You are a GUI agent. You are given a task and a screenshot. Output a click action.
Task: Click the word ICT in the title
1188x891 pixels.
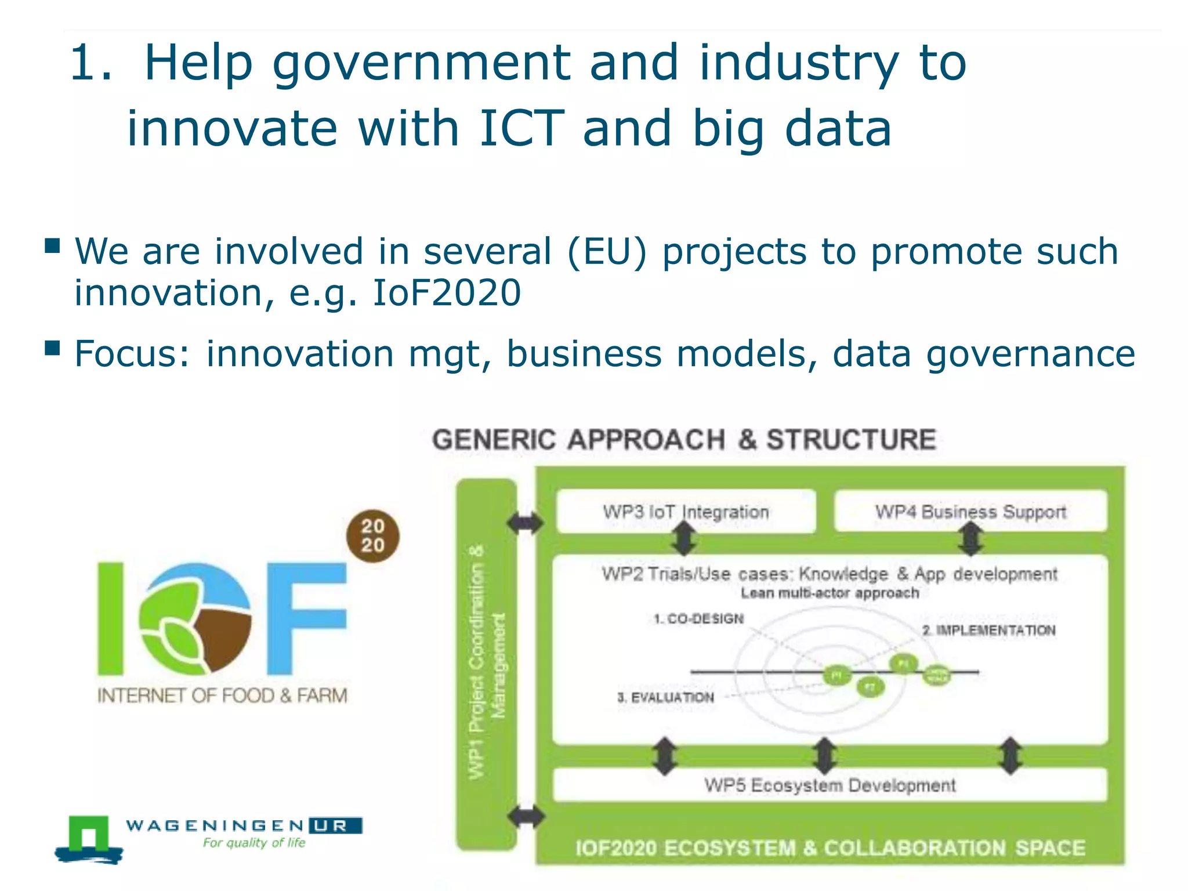(521, 128)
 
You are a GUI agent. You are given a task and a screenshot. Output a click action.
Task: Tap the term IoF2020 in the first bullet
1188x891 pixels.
(447, 293)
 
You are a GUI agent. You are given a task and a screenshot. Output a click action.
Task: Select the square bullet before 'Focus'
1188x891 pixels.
(53, 348)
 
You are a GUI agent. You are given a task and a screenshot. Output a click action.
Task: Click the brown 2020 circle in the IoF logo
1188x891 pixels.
(372, 536)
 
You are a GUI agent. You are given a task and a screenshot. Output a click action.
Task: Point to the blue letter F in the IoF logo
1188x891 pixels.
(306, 618)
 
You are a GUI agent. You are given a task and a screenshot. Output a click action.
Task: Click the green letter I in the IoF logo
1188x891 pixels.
(111, 618)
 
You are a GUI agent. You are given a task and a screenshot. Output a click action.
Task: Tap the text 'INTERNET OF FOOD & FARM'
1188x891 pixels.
(222, 696)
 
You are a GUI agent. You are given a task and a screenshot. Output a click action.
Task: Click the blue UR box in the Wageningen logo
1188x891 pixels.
(335, 825)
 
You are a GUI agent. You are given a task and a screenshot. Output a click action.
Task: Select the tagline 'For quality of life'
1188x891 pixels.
(254, 843)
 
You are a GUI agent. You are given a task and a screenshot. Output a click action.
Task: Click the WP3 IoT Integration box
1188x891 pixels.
(686, 512)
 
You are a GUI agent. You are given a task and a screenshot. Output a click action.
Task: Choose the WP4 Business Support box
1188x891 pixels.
(970, 512)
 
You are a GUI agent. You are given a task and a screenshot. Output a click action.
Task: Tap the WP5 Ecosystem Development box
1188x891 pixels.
(830, 785)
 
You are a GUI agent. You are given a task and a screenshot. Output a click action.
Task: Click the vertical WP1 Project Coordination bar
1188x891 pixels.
(486, 664)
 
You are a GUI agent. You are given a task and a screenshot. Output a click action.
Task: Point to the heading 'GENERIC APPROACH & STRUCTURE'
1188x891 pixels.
(684, 440)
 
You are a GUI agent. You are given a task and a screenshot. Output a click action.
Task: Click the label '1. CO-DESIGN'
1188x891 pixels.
(698, 619)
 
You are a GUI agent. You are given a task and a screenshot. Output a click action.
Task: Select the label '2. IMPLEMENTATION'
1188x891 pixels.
(989, 631)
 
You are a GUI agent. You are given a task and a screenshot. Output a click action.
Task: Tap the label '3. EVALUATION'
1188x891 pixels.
(665, 697)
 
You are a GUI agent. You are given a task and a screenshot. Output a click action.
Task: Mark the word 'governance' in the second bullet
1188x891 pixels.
(1030, 354)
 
